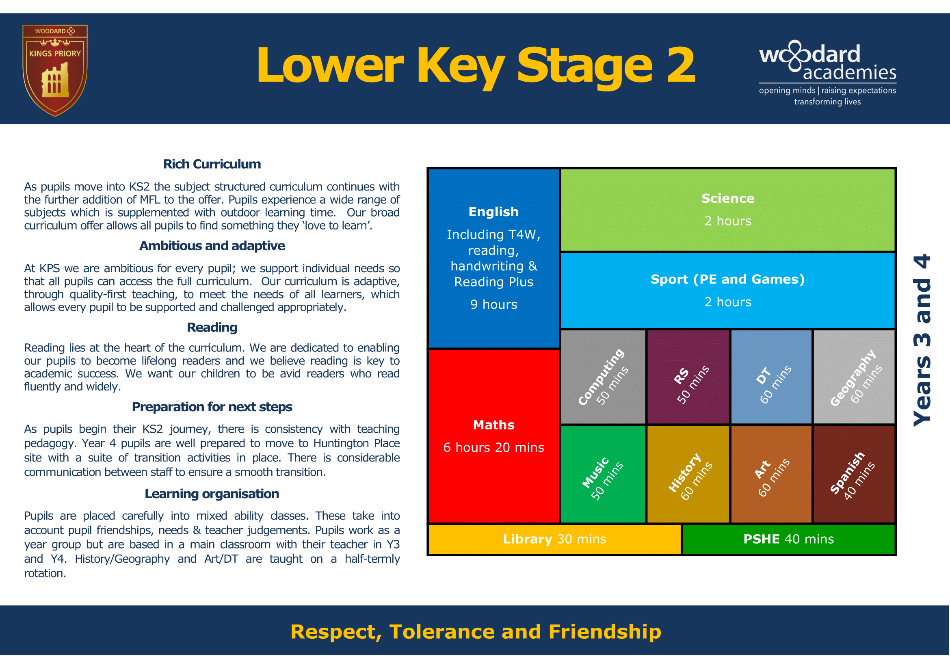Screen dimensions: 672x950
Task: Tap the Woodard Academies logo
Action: (827, 72)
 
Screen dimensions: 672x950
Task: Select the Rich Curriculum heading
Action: (212, 164)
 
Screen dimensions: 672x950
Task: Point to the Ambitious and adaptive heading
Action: (212, 246)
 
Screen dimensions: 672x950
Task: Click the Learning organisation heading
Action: (212, 494)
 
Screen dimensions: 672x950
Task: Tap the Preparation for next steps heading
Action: (212, 407)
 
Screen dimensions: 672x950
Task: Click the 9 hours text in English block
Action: (493, 305)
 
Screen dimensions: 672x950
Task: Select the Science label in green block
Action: (728, 199)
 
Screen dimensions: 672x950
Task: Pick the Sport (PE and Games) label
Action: (728, 279)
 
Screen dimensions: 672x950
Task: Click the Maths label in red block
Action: (493, 425)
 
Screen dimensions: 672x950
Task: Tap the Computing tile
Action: (603, 377)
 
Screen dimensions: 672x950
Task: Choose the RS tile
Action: (688, 377)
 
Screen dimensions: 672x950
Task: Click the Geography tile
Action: (855, 377)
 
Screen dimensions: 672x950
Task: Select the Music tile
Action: (603, 474)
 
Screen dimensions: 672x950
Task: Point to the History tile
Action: (688, 474)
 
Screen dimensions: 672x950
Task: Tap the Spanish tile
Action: (855, 474)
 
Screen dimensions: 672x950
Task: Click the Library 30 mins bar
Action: (554, 539)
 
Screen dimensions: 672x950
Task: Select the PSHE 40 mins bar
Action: (789, 539)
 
